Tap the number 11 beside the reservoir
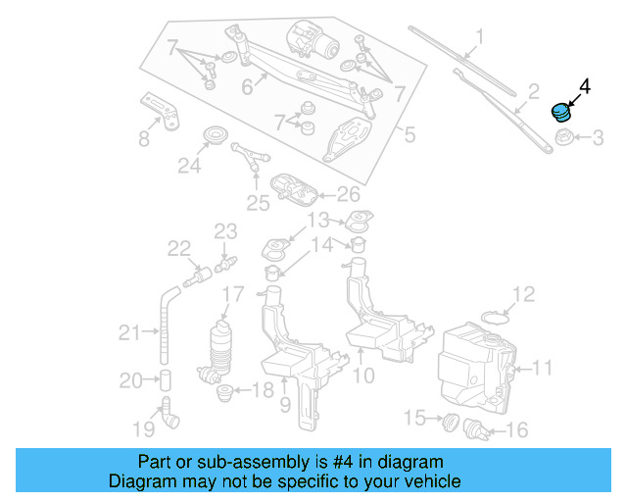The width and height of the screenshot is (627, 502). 542,369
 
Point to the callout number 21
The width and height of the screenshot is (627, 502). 129,333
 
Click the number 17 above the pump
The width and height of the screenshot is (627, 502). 232,293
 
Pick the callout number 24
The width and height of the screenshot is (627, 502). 188,167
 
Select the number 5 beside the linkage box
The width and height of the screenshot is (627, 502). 410,134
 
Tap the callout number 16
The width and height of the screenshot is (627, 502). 516,428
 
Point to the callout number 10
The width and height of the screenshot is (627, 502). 362,374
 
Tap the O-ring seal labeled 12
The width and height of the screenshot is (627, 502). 496,317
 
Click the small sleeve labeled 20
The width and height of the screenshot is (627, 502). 166,379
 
